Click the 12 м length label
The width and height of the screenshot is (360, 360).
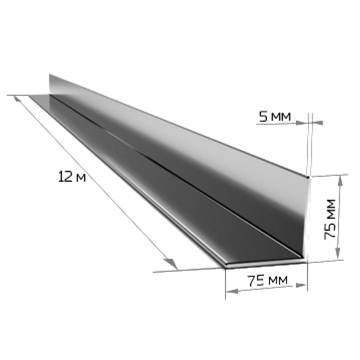(x=72, y=177)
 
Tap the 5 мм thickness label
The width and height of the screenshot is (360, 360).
(x=275, y=117)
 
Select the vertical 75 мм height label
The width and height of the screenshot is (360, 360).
(x=330, y=219)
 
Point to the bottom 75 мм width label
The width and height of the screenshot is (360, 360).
(x=267, y=280)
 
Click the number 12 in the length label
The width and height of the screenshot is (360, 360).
(x=65, y=176)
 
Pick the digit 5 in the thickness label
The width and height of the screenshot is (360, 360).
(x=263, y=117)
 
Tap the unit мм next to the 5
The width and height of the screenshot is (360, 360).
(x=281, y=117)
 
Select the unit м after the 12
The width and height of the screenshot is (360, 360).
(x=81, y=178)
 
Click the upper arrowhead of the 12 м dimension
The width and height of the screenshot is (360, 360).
(x=17, y=99)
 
